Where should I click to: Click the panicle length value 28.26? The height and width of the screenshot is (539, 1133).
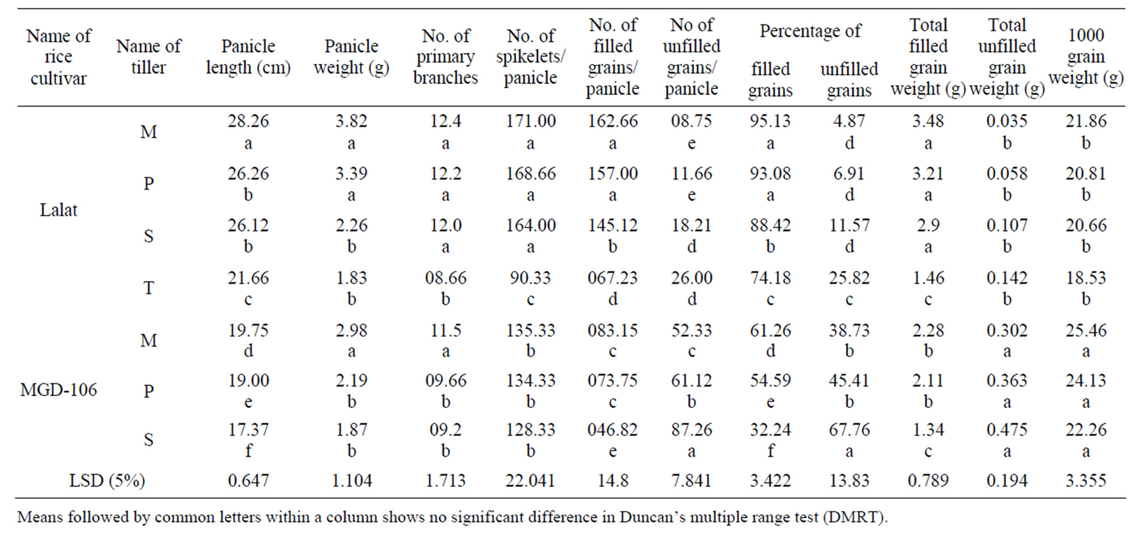click(x=248, y=121)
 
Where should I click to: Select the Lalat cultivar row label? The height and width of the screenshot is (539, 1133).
click(x=58, y=210)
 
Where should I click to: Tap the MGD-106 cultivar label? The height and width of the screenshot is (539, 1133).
click(x=58, y=390)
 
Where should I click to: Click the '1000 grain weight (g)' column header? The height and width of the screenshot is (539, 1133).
click(x=1085, y=57)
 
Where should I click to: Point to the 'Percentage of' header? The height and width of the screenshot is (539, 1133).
click(x=810, y=31)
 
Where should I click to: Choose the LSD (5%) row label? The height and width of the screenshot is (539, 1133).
click(x=107, y=481)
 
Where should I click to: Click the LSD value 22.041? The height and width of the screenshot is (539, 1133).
click(x=530, y=481)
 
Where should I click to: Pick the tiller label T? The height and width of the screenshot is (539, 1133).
click(x=148, y=288)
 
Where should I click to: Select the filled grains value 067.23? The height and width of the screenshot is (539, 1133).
click(x=612, y=278)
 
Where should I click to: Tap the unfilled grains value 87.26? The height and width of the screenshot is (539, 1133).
click(x=691, y=430)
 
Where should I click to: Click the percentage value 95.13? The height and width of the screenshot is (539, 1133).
click(x=770, y=121)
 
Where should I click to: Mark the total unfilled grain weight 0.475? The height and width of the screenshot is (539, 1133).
click(x=1007, y=430)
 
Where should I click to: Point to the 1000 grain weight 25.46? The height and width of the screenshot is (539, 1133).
click(x=1085, y=330)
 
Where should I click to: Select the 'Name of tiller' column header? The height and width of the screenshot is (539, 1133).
click(x=148, y=57)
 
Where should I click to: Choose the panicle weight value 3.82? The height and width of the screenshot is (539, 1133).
click(x=351, y=121)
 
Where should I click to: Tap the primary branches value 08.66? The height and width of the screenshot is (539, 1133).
click(x=445, y=278)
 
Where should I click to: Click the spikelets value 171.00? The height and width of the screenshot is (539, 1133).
click(x=531, y=121)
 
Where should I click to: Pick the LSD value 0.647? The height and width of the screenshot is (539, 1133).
click(x=248, y=481)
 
